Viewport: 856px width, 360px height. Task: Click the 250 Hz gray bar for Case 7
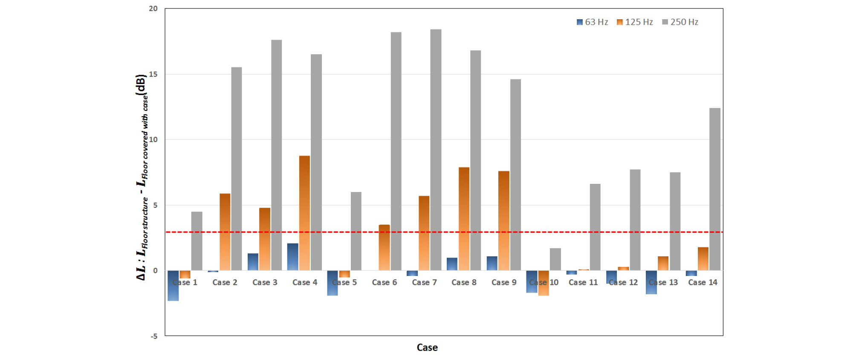click(x=436, y=150)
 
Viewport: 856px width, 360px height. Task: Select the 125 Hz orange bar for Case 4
click(x=304, y=213)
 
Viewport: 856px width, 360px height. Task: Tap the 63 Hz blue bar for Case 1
click(x=173, y=285)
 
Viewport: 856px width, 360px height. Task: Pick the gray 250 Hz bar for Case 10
click(x=555, y=259)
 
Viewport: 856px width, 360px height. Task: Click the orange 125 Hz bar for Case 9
click(x=503, y=221)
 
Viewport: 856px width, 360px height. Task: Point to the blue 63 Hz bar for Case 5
click(x=333, y=283)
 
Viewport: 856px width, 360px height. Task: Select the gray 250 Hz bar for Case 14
click(x=714, y=189)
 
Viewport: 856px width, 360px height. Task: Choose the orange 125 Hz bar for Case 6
click(x=384, y=247)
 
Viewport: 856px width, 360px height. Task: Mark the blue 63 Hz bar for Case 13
click(x=651, y=282)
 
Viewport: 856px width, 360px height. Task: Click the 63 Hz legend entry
click(x=592, y=22)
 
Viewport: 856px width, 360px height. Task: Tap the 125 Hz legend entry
click(x=635, y=22)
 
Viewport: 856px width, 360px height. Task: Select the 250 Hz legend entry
click(x=680, y=22)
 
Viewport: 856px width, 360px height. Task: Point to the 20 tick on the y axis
click(x=153, y=9)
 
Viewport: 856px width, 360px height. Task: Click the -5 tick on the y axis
click(x=153, y=336)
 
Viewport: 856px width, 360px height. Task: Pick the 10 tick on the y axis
click(x=153, y=139)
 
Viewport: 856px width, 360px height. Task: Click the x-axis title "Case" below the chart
click(x=427, y=348)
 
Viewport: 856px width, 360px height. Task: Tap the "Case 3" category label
click(x=265, y=282)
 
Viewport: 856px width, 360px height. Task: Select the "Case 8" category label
click(x=464, y=282)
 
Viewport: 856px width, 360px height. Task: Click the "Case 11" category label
click(x=583, y=282)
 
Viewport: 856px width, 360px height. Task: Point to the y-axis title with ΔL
click(x=142, y=177)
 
